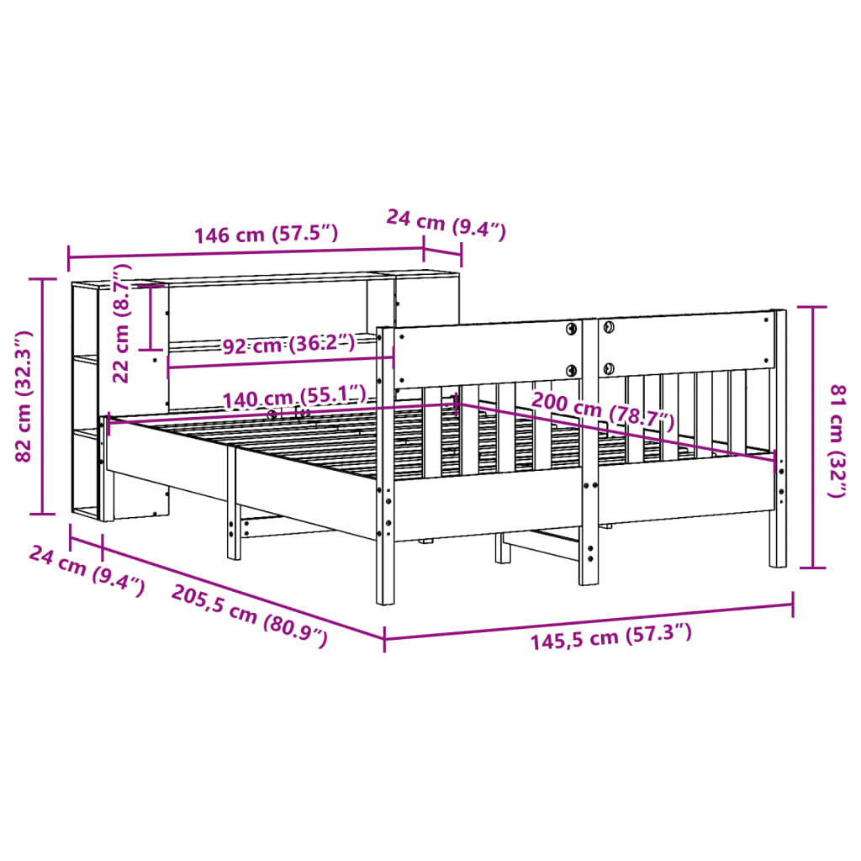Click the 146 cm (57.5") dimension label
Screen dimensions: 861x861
click(x=266, y=235)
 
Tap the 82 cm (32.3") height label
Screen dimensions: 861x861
click(x=24, y=396)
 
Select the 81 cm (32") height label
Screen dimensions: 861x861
click(x=837, y=441)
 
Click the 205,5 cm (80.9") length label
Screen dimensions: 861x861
click(x=249, y=615)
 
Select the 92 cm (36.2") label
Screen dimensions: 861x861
click(x=288, y=344)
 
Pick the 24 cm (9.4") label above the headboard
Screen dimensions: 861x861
click(x=446, y=224)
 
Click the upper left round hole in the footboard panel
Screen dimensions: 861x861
click(x=572, y=328)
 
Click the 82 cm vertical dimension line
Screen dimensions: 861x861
click(x=42, y=395)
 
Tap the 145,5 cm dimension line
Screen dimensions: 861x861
click(x=589, y=620)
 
